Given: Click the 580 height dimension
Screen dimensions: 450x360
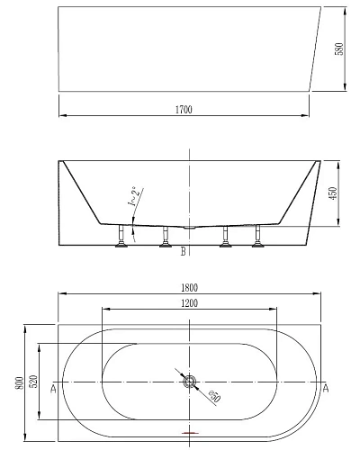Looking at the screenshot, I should click(x=339, y=49).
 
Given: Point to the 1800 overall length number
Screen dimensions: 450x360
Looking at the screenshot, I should click(x=190, y=287).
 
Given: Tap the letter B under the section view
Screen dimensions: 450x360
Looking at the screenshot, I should click(x=183, y=252).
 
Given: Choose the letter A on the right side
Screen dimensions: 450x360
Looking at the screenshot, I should click(x=325, y=389).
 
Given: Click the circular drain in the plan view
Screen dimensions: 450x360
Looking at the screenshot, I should click(x=190, y=382).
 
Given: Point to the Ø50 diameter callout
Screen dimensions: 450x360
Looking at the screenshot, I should click(x=213, y=396).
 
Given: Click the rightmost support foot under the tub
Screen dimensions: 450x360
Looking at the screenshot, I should click(x=258, y=240).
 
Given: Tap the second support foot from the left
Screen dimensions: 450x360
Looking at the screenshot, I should click(x=166, y=240).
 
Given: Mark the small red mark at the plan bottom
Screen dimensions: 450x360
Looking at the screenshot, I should click(x=188, y=434).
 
